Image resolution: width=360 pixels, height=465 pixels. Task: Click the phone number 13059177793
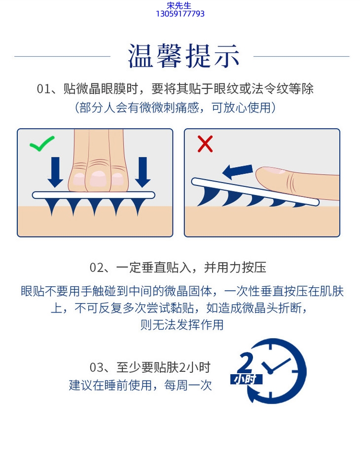[180, 14]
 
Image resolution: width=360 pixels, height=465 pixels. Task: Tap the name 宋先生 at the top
[179, 5]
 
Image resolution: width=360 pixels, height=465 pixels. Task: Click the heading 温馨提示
[183, 56]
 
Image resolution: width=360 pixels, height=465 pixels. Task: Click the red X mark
[205, 144]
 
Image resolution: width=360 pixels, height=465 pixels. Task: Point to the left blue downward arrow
[55, 172]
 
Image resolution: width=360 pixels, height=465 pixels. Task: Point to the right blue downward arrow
[143, 172]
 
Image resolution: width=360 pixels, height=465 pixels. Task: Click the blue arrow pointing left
[238, 172]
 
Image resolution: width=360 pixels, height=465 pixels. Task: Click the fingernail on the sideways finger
[274, 169]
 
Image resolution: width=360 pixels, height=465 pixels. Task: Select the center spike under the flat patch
[94, 206]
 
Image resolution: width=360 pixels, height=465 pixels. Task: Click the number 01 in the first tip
[43, 89]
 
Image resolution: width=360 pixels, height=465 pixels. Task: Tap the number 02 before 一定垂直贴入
[97, 268]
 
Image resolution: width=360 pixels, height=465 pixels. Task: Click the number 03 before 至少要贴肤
[97, 368]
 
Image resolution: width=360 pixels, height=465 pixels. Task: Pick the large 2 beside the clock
[245, 362]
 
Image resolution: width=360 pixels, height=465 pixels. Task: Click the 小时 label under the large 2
[246, 379]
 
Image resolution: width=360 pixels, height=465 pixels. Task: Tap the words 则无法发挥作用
[182, 325]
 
